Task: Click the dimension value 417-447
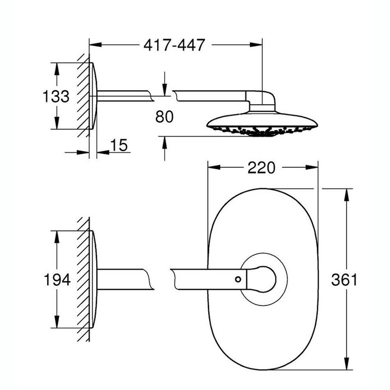pos(175,45)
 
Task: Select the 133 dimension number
pos(56,96)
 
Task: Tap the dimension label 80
pos(164,117)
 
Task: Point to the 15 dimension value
pos(119,145)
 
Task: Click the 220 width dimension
pos(261,168)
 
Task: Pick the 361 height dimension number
pos(344,280)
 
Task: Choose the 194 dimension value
pos(57,279)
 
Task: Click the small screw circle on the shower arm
pos(238,279)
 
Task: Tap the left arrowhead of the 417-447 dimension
pos(95,45)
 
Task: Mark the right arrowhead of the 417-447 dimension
pos(256,45)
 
